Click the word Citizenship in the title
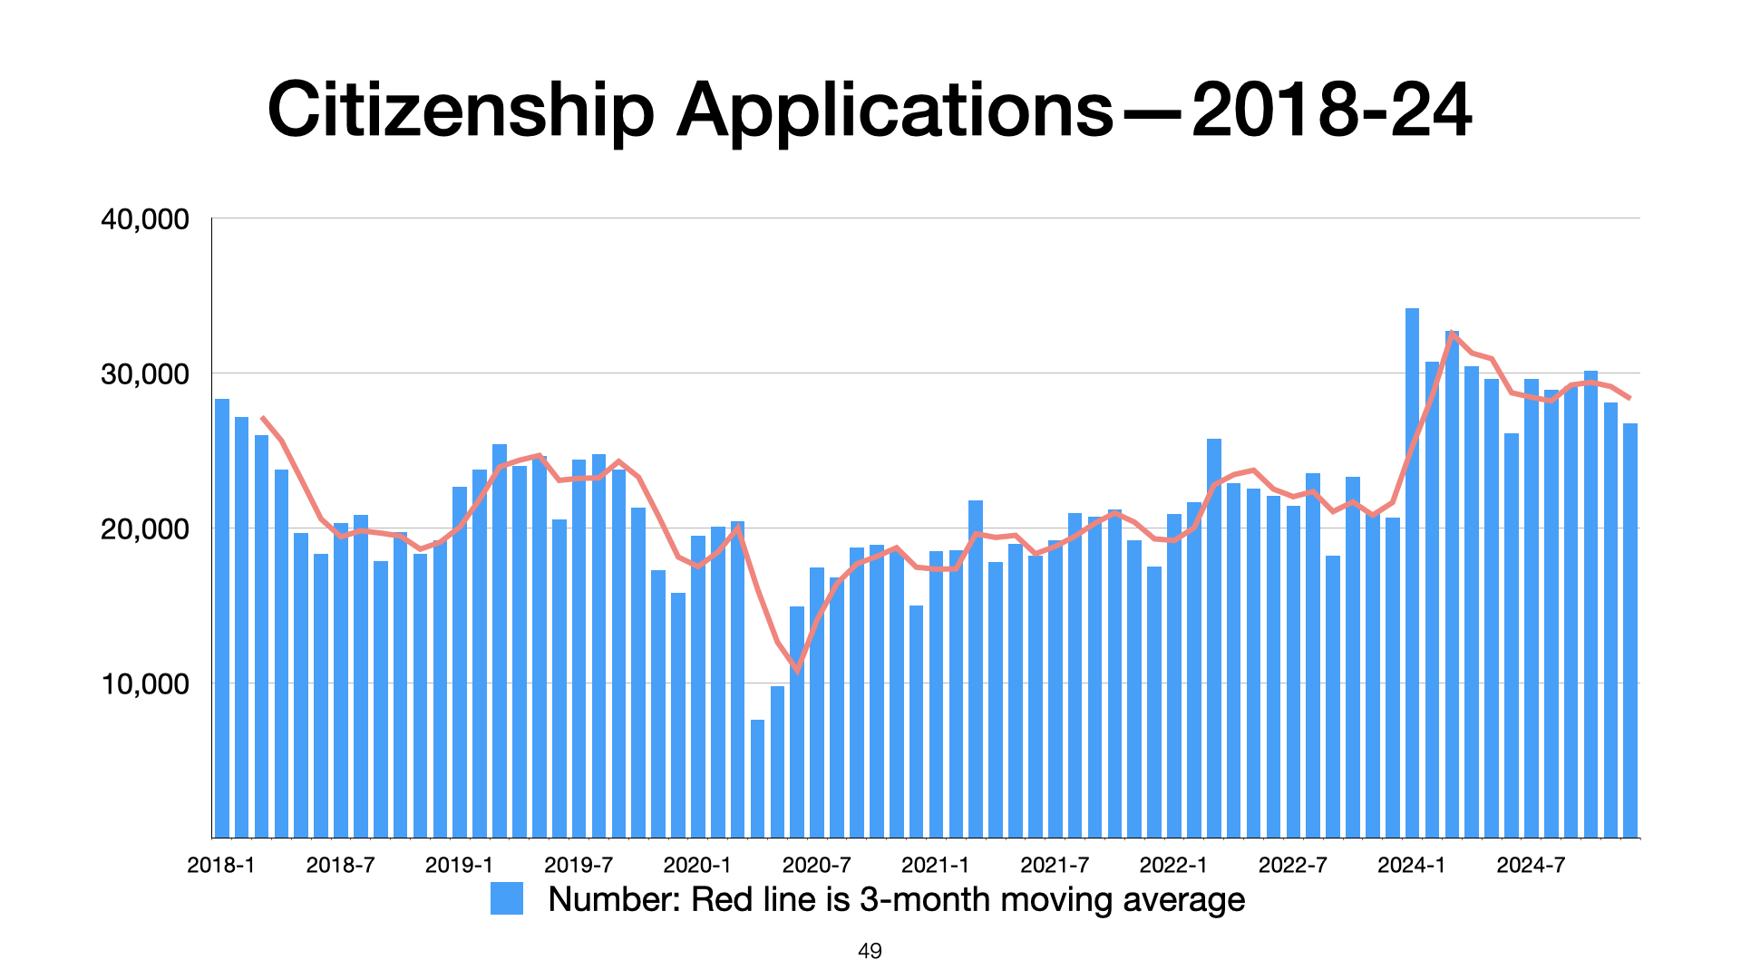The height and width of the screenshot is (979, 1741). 461,110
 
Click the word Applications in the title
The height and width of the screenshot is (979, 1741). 895,110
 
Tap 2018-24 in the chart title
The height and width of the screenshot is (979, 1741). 1332,110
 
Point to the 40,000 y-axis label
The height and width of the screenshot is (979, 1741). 145,219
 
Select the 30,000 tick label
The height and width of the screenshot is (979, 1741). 145,374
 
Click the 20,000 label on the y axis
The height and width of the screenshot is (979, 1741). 145,529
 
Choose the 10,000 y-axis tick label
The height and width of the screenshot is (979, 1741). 145,684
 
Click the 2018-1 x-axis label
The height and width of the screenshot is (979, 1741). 221,865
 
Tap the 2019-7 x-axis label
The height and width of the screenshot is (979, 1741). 579,865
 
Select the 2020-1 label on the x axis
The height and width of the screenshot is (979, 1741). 697,865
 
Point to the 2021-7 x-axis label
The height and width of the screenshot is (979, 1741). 1055,865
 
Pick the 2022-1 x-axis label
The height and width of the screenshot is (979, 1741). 1173,865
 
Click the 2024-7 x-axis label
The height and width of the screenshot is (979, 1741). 1531,865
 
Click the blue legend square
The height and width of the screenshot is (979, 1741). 507,898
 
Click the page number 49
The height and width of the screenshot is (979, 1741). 870,951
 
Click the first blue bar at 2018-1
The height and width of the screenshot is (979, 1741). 222,617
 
